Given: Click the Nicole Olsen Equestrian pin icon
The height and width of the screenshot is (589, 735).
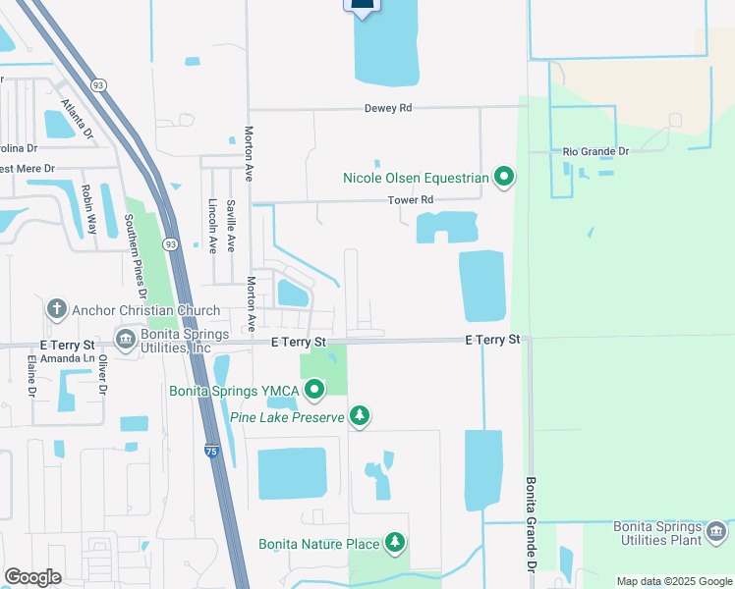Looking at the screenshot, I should point(504,178).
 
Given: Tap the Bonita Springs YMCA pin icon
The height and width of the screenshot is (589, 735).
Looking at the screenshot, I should point(314,392).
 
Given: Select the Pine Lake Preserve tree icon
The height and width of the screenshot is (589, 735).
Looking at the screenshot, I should point(361,417).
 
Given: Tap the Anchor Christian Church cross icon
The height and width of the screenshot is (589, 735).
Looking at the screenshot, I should point(56,310).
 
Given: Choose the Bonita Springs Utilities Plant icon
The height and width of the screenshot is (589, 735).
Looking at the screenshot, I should point(716,532).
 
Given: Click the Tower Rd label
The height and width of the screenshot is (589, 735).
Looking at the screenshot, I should point(411,200).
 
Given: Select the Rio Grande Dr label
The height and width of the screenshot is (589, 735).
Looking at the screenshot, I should point(595,151).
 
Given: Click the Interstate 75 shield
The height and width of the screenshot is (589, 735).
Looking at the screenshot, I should point(212,451).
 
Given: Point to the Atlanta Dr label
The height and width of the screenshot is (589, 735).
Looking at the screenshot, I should point(75,117).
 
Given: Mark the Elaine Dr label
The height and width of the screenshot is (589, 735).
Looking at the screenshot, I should point(32,377).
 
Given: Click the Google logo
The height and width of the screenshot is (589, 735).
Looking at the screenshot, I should point(32,577).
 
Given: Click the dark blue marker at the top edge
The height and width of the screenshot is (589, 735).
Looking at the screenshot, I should point(362,6).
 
